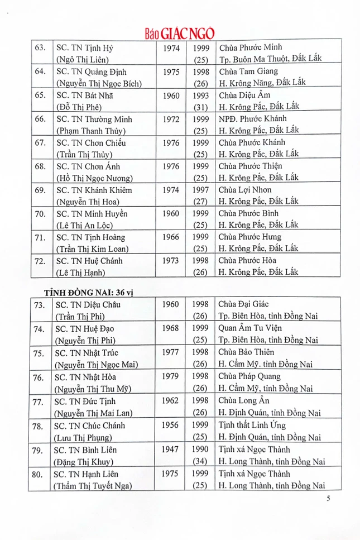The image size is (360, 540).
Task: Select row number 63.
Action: point(40,49)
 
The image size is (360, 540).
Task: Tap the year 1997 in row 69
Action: point(200,190)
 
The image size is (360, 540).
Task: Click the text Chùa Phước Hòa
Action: point(249,261)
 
